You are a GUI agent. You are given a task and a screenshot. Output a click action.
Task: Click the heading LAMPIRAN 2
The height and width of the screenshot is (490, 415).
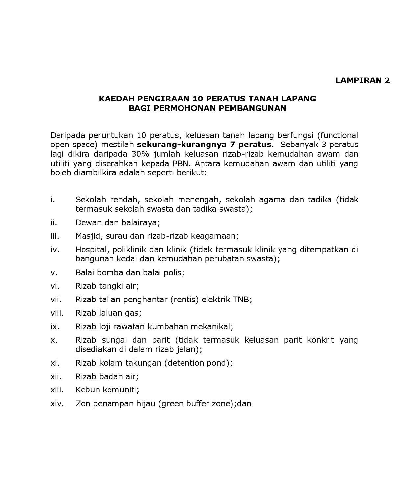[x=362, y=80]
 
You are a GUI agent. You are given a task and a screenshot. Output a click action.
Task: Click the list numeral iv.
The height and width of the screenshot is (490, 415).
[x=55, y=250]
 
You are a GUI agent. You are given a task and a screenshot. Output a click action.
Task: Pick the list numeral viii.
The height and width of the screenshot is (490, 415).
[x=57, y=313]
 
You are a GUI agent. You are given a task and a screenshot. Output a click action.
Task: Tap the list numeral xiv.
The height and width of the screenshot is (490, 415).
[x=57, y=404]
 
